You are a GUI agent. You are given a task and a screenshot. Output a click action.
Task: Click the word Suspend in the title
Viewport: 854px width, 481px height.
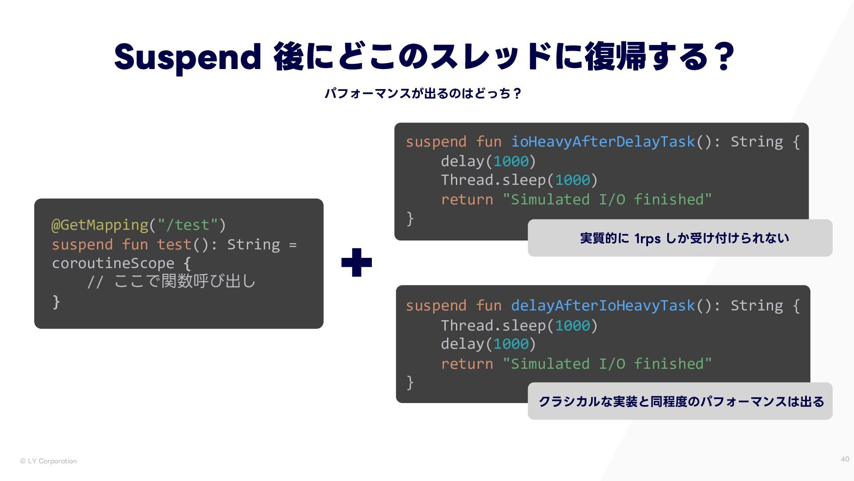pyautogui.click(x=187, y=57)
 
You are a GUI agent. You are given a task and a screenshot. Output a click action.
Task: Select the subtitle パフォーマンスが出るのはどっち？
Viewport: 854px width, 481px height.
pyautogui.click(x=423, y=94)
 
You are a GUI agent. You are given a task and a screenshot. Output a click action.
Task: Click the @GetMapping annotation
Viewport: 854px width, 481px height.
pyautogui.click(x=100, y=225)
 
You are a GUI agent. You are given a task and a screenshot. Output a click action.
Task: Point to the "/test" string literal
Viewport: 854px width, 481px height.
pyautogui.click(x=187, y=225)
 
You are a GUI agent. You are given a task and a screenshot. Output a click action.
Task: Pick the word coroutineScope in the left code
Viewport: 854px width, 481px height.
pyautogui.click(x=113, y=263)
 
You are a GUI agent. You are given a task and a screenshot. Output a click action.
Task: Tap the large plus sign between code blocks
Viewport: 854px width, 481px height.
pyautogui.click(x=356, y=262)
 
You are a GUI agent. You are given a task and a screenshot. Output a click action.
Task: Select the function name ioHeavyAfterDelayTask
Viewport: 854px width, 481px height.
pyautogui.click(x=603, y=142)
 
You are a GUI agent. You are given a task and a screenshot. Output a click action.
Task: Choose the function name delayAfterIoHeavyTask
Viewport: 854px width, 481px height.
pyautogui.click(x=603, y=306)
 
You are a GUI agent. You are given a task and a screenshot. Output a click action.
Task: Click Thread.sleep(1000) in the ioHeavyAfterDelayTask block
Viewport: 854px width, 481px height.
pyautogui.click(x=519, y=180)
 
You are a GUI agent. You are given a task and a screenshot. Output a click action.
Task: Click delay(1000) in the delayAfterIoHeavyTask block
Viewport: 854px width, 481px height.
pyautogui.click(x=488, y=344)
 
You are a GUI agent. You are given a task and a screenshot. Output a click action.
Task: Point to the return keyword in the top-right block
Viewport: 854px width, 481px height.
pyautogui.click(x=467, y=200)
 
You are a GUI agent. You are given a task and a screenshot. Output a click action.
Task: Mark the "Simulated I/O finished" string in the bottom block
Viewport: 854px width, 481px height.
pyautogui.click(x=607, y=364)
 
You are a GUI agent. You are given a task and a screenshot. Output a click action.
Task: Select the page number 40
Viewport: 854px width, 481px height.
pyautogui.click(x=845, y=459)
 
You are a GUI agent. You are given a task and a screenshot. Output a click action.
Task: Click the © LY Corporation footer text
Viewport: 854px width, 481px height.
pyautogui.click(x=48, y=461)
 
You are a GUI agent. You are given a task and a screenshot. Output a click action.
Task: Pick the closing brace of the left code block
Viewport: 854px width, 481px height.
pyautogui.click(x=56, y=302)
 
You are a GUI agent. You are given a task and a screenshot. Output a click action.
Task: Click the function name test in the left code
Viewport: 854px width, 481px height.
pyautogui.click(x=174, y=245)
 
